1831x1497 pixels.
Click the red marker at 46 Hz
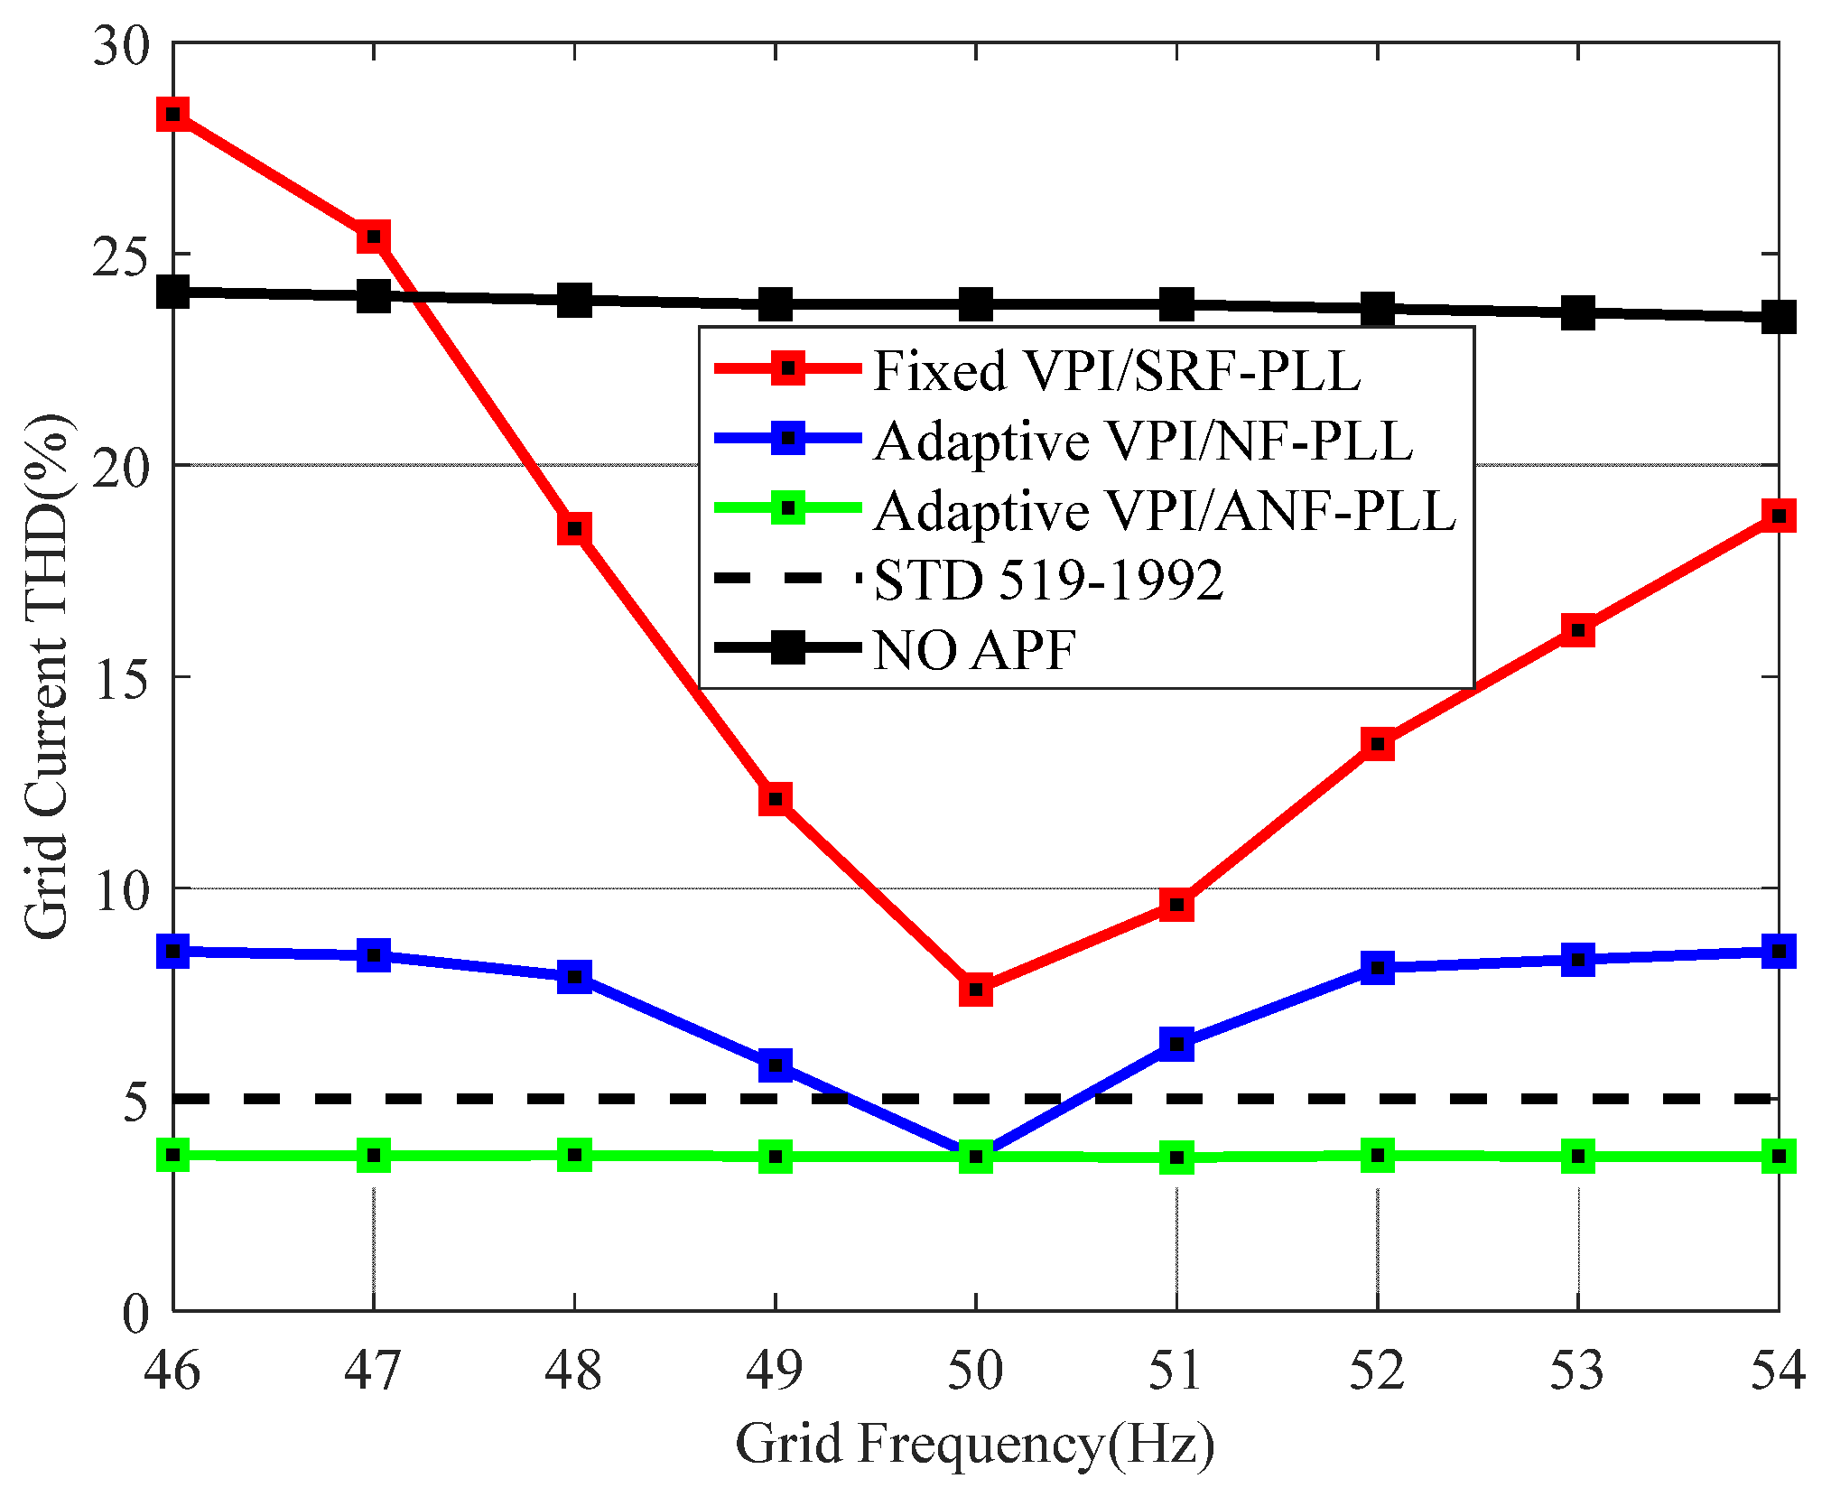(173, 115)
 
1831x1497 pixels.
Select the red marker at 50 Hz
(976, 990)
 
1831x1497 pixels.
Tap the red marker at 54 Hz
(1778, 516)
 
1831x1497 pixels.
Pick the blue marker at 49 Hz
(776, 1065)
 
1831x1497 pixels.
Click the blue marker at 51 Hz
(1176, 1044)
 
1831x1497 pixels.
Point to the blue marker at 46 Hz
(173, 951)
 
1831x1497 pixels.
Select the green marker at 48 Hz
(574, 1154)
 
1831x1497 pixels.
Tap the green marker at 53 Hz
(1577, 1156)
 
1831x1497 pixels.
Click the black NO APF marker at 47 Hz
(374, 294)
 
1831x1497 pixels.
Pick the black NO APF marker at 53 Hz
(1577, 312)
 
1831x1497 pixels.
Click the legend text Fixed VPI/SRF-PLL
(1116, 370)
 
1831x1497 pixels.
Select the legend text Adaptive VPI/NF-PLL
(1143, 441)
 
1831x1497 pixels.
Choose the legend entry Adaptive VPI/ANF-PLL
(1165, 510)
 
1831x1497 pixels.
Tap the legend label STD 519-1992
(1048, 579)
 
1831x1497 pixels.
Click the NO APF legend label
(975, 648)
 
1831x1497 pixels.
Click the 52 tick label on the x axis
(1377, 1369)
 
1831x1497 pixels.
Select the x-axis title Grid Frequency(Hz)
(975, 1442)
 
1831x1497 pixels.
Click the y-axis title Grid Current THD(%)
(47, 677)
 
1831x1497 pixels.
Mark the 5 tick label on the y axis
(135, 1101)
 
